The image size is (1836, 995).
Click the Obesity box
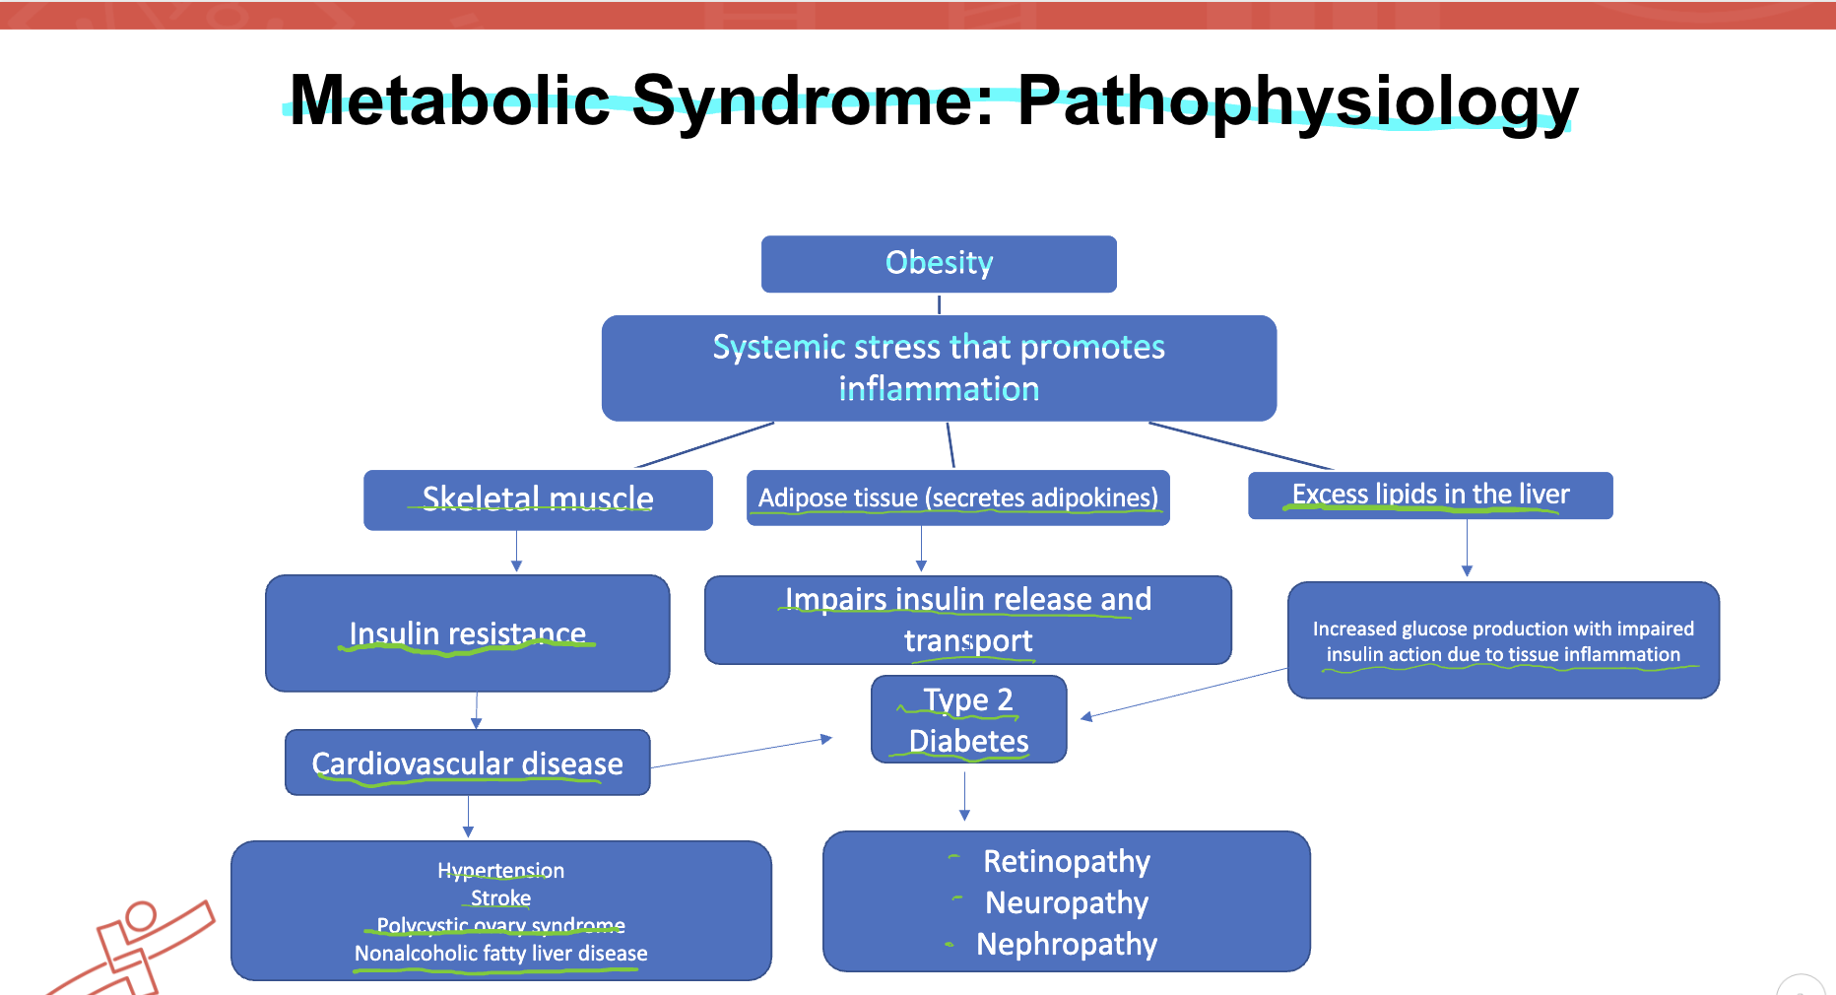point(939,263)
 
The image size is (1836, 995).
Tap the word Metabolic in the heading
point(450,100)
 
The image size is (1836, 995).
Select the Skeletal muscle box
point(538,499)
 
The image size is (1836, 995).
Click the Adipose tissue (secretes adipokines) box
point(957,497)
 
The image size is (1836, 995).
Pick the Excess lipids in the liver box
point(1430,495)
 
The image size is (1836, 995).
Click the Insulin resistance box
point(467,633)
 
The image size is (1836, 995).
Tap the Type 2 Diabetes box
point(968,719)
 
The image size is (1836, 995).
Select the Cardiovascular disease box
point(467,763)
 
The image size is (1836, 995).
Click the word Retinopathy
point(1066,861)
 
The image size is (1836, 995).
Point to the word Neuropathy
point(1066,902)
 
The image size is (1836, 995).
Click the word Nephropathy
point(1066,944)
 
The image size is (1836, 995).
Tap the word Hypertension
point(500,870)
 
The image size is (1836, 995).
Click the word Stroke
point(500,897)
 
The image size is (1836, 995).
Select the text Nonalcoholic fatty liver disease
point(500,953)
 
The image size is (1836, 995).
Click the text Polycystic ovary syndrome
point(500,925)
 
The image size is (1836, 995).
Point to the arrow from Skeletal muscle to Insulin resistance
point(516,551)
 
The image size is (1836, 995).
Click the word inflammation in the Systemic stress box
point(939,389)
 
